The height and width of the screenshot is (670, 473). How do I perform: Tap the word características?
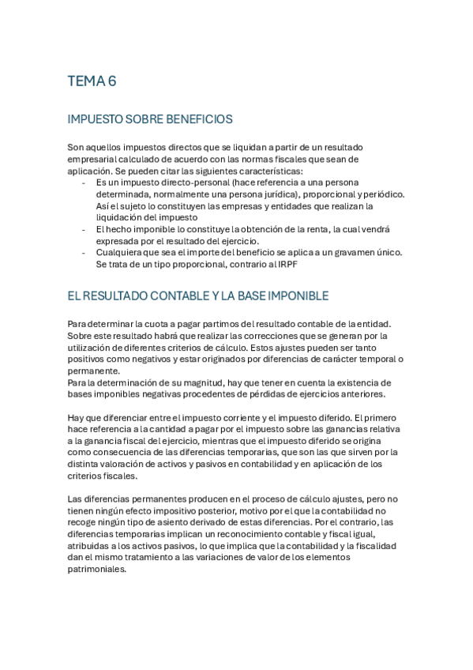(281, 171)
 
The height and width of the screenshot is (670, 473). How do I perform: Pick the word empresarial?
(98, 160)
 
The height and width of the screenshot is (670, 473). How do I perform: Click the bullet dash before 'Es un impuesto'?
(84, 183)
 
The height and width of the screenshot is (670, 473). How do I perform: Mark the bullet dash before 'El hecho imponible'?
(84, 229)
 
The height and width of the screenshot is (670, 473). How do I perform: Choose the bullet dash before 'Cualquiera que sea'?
(84, 252)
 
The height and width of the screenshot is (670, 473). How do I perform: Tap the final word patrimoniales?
(97, 568)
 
